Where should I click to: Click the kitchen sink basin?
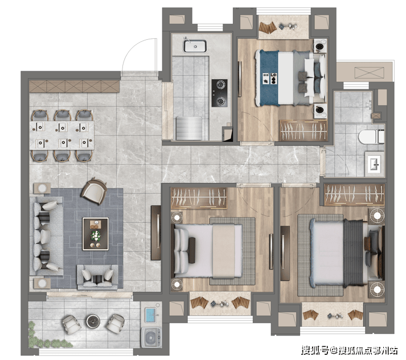[x=195, y=46]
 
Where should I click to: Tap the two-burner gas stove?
[x=220, y=93]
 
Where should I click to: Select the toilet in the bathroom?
[x=371, y=137]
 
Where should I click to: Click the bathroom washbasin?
[x=374, y=163]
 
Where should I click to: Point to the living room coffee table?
[x=95, y=234]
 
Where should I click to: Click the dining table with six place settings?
[x=61, y=135]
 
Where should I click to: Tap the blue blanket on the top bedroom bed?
[x=269, y=78]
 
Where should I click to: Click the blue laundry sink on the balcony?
[x=151, y=315]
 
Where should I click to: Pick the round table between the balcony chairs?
[x=93, y=321]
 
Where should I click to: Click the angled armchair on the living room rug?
[x=94, y=191]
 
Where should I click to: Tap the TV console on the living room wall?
[x=156, y=233]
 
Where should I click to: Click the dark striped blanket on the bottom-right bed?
[x=354, y=253]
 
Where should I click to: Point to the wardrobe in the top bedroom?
[x=303, y=130]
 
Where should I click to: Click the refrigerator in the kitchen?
[x=189, y=129]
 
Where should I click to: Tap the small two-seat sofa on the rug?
[x=97, y=277]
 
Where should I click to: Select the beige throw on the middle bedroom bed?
[x=224, y=251]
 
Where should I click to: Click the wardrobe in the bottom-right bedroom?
[x=354, y=194]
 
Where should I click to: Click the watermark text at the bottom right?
[x=349, y=350]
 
